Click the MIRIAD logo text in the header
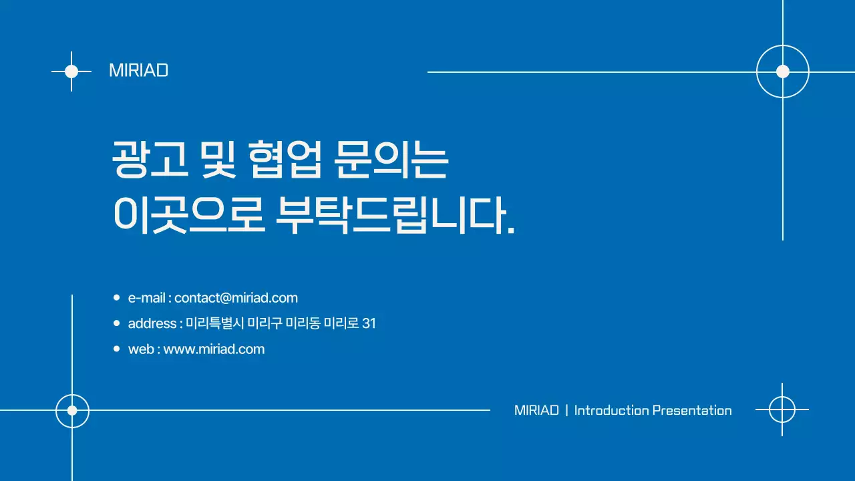point(138,71)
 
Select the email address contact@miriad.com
point(236,298)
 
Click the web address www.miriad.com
point(214,349)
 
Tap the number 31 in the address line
point(368,323)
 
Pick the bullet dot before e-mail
point(116,297)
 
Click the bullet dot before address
point(116,323)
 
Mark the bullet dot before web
point(116,349)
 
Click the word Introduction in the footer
point(611,410)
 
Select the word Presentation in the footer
point(691,410)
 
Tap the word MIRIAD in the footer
point(536,410)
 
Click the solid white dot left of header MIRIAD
point(71,71)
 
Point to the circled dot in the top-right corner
point(783,71)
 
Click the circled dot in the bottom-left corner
point(72,410)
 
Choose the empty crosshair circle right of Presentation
point(782,410)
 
